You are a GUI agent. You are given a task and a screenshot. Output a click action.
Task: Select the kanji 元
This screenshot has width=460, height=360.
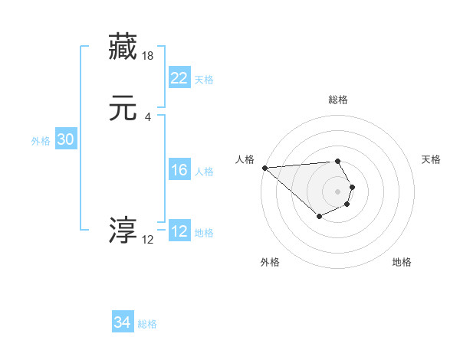pyautogui.click(x=123, y=108)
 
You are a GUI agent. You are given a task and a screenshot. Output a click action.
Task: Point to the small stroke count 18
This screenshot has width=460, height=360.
pyautogui.click(x=148, y=55)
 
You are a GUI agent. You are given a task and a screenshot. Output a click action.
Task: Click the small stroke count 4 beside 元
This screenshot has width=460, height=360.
pyautogui.click(x=148, y=116)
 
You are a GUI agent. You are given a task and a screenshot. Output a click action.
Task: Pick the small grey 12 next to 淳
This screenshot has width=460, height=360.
pyautogui.click(x=148, y=239)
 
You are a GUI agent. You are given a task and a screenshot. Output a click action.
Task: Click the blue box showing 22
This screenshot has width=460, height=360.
pyautogui.click(x=179, y=78)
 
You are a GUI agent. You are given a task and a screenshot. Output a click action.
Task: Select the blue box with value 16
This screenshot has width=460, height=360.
pyautogui.click(x=179, y=171)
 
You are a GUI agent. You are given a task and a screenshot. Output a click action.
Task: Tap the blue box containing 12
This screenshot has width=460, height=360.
pyautogui.click(x=179, y=232)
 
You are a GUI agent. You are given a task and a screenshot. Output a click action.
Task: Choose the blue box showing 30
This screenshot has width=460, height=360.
pyautogui.click(x=65, y=140)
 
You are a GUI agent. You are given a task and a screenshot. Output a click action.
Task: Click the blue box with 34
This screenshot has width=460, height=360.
pyautogui.click(x=123, y=322)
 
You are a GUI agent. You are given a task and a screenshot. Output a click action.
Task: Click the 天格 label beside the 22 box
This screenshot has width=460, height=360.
pyautogui.click(x=204, y=80)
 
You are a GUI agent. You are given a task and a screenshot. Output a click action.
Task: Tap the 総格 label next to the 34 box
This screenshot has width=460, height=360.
pyautogui.click(x=147, y=324)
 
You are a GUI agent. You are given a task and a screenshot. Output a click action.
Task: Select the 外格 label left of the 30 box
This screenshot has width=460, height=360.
pyautogui.click(x=41, y=141)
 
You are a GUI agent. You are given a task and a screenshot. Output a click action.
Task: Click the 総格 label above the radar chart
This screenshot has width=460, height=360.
pyautogui.click(x=337, y=100)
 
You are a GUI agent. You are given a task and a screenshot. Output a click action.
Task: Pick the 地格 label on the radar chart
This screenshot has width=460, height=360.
pyautogui.click(x=402, y=262)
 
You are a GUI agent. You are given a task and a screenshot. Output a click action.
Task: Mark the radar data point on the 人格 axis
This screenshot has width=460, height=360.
pyautogui.click(x=264, y=168)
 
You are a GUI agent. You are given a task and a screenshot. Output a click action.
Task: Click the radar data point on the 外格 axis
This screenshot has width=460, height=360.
pyautogui.click(x=320, y=217)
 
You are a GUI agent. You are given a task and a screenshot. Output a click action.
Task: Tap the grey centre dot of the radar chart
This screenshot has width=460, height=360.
pyautogui.click(x=337, y=191)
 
